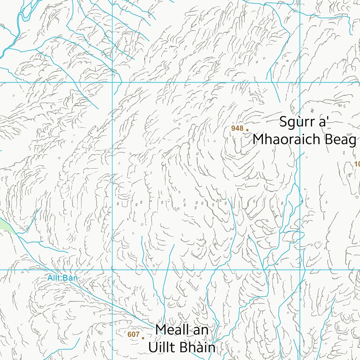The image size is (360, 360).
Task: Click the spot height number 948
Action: [x=237, y=128]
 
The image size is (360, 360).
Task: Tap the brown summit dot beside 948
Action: [x=247, y=130]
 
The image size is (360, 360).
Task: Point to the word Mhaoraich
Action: [x=287, y=140]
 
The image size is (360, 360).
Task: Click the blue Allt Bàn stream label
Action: [x=62, y=278]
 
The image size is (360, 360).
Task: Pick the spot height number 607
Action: [x=133, y=334]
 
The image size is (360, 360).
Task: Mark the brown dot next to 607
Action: [x=143, y=337]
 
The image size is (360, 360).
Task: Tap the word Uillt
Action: [x=163, y=348]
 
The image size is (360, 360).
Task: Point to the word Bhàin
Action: [x=197, y=348]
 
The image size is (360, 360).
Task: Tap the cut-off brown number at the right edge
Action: [x=357, y=164]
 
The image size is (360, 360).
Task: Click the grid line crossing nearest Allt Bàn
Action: [x=112, y=270]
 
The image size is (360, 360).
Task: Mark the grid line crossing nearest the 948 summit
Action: [x=300, y=82]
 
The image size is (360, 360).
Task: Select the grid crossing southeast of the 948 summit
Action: [x=300, y=270]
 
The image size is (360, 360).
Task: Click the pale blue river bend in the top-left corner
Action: [x=19, y=19]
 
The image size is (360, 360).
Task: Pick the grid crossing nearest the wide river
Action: [x=112, y=82]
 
